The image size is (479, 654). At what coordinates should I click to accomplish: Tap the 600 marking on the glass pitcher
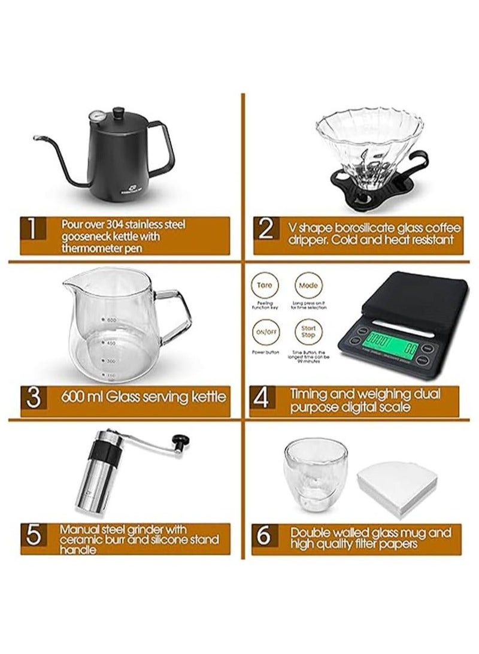[111, 320]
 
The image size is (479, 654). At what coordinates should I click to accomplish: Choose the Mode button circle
[308, 285]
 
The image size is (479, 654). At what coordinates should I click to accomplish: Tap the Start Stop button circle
[308, 332]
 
